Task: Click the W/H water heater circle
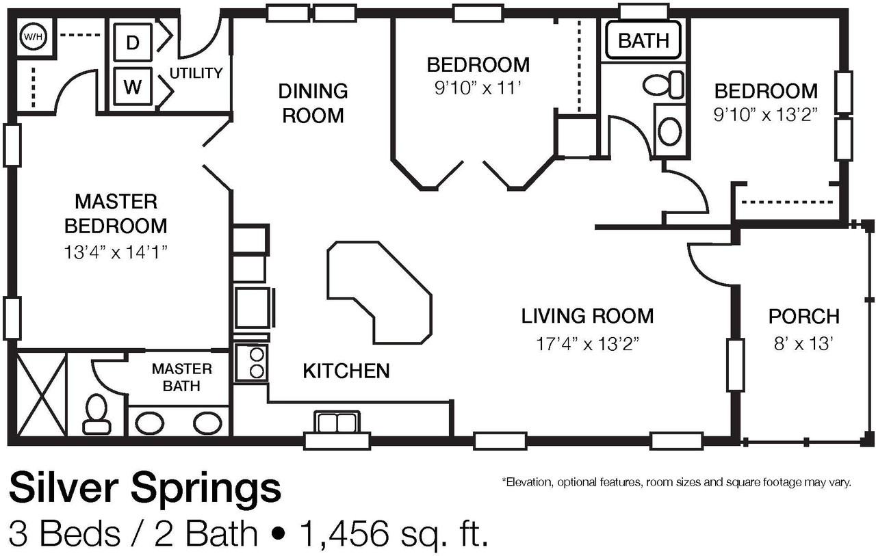(33, 37)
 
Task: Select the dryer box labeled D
(133, 42)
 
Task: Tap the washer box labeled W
(133, 86)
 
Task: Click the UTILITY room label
(196, 73)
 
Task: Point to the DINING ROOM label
(313, 103)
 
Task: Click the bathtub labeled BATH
(643, 40)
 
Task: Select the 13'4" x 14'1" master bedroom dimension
(116, 252)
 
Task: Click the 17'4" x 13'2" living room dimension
(587, 344)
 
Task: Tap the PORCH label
(804, 317)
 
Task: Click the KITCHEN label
(346, 371)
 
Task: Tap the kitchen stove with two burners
(251, 363)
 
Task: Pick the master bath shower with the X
(42, 394)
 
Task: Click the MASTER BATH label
(182, 378)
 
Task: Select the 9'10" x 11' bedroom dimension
(478, 89)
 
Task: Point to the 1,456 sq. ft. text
(394, 533)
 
